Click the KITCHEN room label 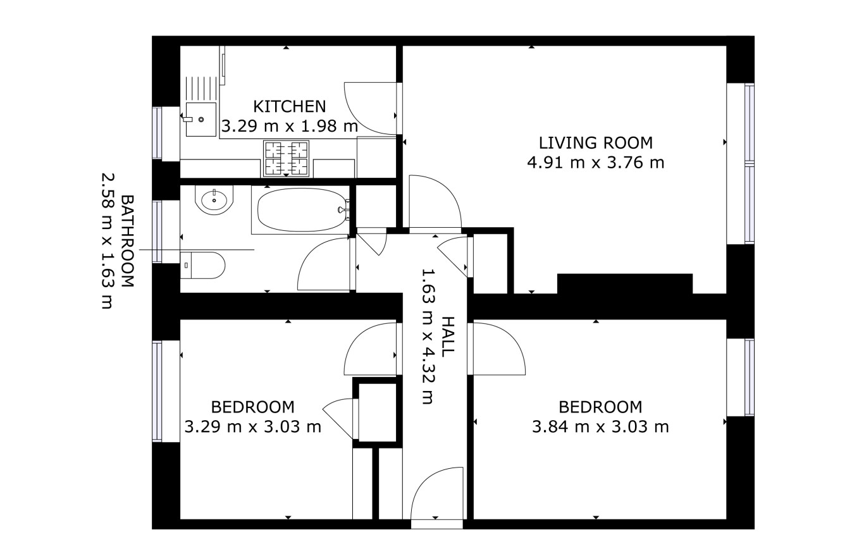point(289,106)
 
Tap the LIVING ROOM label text point(596,143)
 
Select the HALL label point(448,337)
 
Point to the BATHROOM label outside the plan point(128,241)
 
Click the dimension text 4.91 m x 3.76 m point(596,163)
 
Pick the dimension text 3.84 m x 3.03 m point(600,427)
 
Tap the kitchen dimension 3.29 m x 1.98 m point(289,126)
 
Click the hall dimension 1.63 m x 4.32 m point(428,337)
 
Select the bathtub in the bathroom point(302,210)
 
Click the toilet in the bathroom point(202,265)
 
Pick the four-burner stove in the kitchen point(286,159)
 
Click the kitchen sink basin point(201,119)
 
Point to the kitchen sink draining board point(201,89)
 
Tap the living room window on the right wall point(749,164)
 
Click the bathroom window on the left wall point(157,232)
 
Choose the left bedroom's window point(157,390)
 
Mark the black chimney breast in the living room point(625,283)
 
